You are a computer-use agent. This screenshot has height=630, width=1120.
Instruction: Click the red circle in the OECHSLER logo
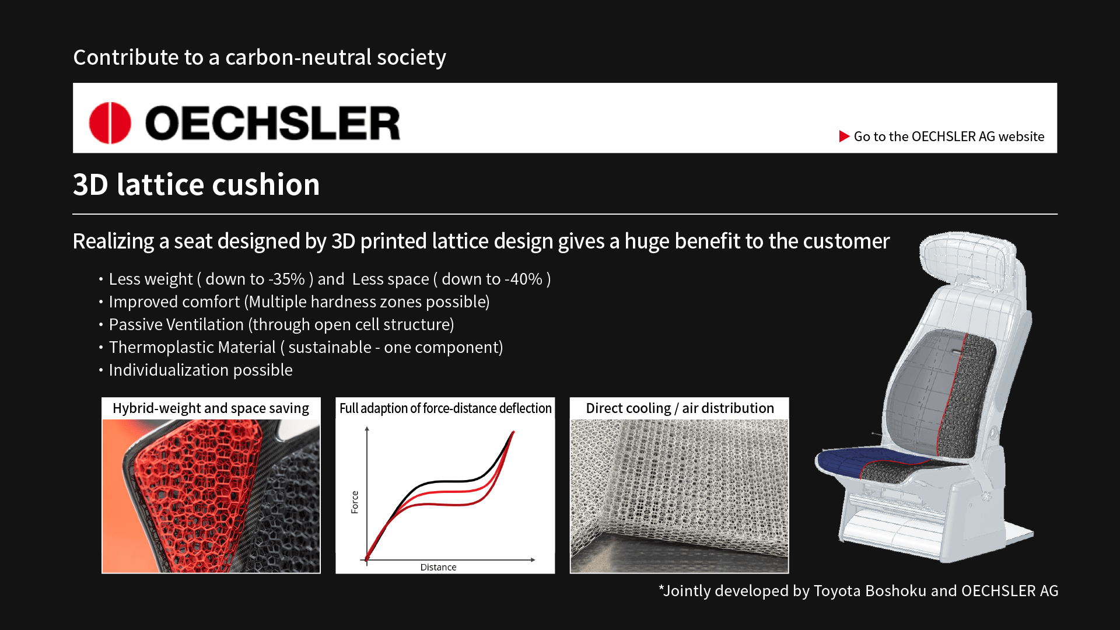pos(110,123)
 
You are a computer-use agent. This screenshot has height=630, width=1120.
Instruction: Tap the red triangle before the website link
pos(844,136)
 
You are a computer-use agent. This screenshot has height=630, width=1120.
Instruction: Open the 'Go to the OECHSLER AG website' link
pos(949,136)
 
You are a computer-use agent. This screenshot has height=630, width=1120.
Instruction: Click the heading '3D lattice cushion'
pos(196,185)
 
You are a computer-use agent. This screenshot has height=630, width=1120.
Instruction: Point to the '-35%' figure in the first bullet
pos(286,279)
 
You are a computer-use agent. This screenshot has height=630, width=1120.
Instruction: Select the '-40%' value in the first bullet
pos(523,279)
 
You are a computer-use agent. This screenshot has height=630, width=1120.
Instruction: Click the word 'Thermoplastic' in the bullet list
pos(192,348)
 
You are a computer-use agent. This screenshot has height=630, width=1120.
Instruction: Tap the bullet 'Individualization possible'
pos(201,370)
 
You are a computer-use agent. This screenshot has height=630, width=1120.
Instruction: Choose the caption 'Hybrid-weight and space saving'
pos(211,408)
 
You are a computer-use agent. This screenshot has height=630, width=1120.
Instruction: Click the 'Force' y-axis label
pos(355,502)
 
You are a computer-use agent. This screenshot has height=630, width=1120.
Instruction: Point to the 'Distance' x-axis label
pos(438,567)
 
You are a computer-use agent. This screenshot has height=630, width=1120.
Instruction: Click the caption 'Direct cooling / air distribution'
pos(680,408)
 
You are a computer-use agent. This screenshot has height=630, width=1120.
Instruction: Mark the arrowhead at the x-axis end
pos(533,560)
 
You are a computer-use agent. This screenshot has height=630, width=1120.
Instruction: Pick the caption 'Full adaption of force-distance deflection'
pos(445,408)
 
